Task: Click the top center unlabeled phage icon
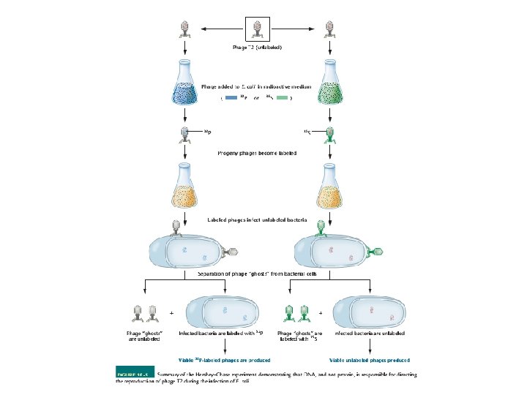tap(257, 29)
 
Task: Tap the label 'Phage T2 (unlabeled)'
tap(257, 47)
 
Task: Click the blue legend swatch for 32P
tap(231, 98)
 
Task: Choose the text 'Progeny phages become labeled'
tap(257, 154)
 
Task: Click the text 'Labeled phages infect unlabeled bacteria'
tap(257, 219)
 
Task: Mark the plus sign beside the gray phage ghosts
tap(171, 312)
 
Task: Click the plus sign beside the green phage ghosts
tap(321, 312)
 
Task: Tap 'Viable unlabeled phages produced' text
tap(369, 360)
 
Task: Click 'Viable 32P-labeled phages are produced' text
tap(224, 360)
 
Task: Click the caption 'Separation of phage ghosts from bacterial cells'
tap(257, 274)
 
